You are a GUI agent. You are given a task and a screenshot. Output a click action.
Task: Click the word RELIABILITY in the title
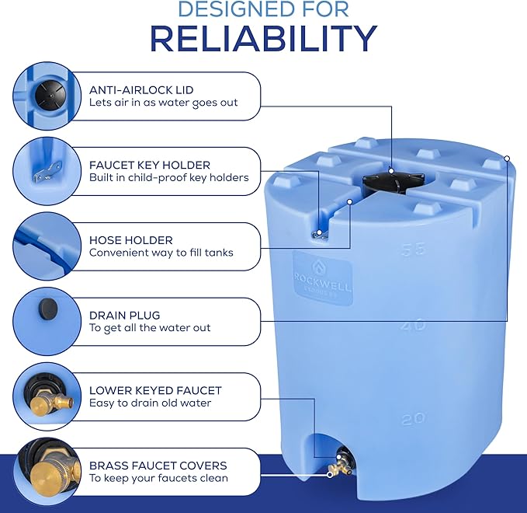coord(263,38)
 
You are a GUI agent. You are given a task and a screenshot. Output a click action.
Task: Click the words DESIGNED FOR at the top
coord(263,9)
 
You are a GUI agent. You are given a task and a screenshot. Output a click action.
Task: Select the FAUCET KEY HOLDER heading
coord(150,165)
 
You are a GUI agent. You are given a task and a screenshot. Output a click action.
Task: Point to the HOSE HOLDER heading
coord(130,240)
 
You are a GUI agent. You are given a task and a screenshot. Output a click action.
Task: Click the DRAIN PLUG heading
coord(125,315)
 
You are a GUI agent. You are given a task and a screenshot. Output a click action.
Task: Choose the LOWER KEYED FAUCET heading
coord(155,390)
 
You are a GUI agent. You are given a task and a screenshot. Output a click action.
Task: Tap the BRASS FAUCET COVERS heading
coord(158,466)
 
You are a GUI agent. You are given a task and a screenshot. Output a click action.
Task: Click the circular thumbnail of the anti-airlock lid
coord(44,96)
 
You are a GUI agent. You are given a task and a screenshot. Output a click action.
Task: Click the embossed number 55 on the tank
coord(413,250)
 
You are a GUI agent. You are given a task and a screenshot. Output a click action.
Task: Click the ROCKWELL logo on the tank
coord(321,278)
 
